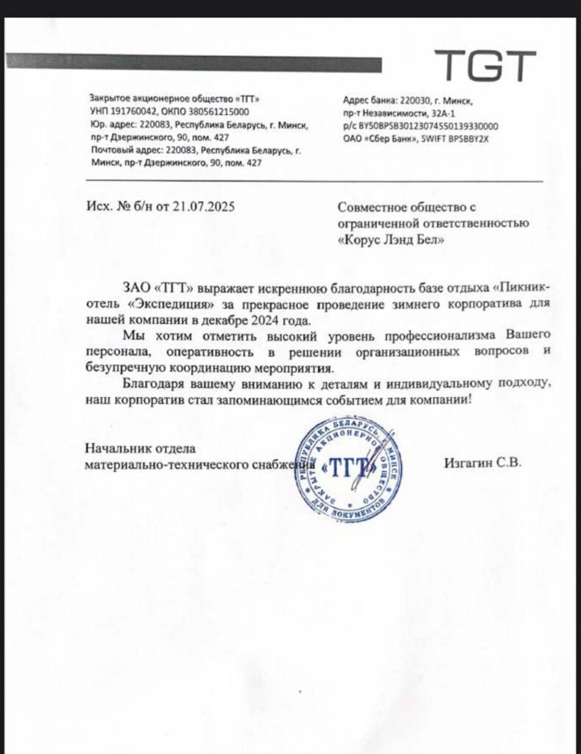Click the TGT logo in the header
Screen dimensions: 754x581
(x=483, y=66)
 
